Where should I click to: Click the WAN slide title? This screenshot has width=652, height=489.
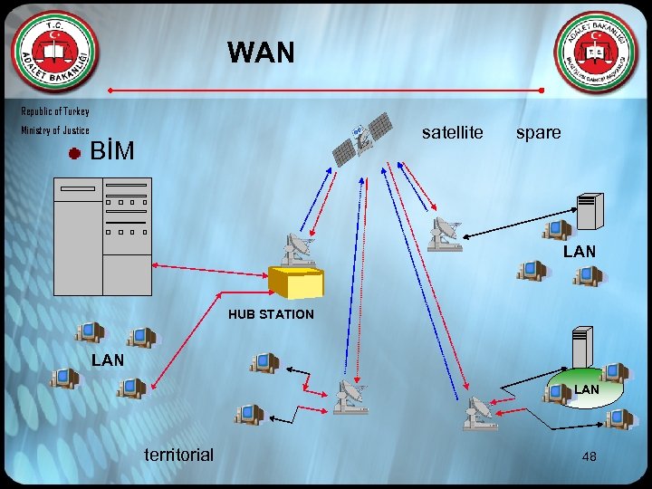[x=261, y=53]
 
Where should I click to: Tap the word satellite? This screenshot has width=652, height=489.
[x=453, y=133]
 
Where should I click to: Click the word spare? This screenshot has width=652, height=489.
[x=538, y=133]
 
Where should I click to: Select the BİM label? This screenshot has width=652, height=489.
[x=113, y=151]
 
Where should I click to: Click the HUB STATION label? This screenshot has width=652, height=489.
[x=271, y=314]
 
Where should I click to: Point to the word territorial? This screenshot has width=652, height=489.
[x=178, y=455]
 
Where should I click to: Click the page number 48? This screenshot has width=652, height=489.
[x=589, y=457]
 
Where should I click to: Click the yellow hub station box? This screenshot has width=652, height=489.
[x=296, y=282]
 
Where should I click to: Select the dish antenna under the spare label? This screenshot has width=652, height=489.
[x=445, y=233]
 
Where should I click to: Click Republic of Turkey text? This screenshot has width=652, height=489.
[x=55, y=111]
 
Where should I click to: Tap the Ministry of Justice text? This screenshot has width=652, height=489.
[x=55, y=130]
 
